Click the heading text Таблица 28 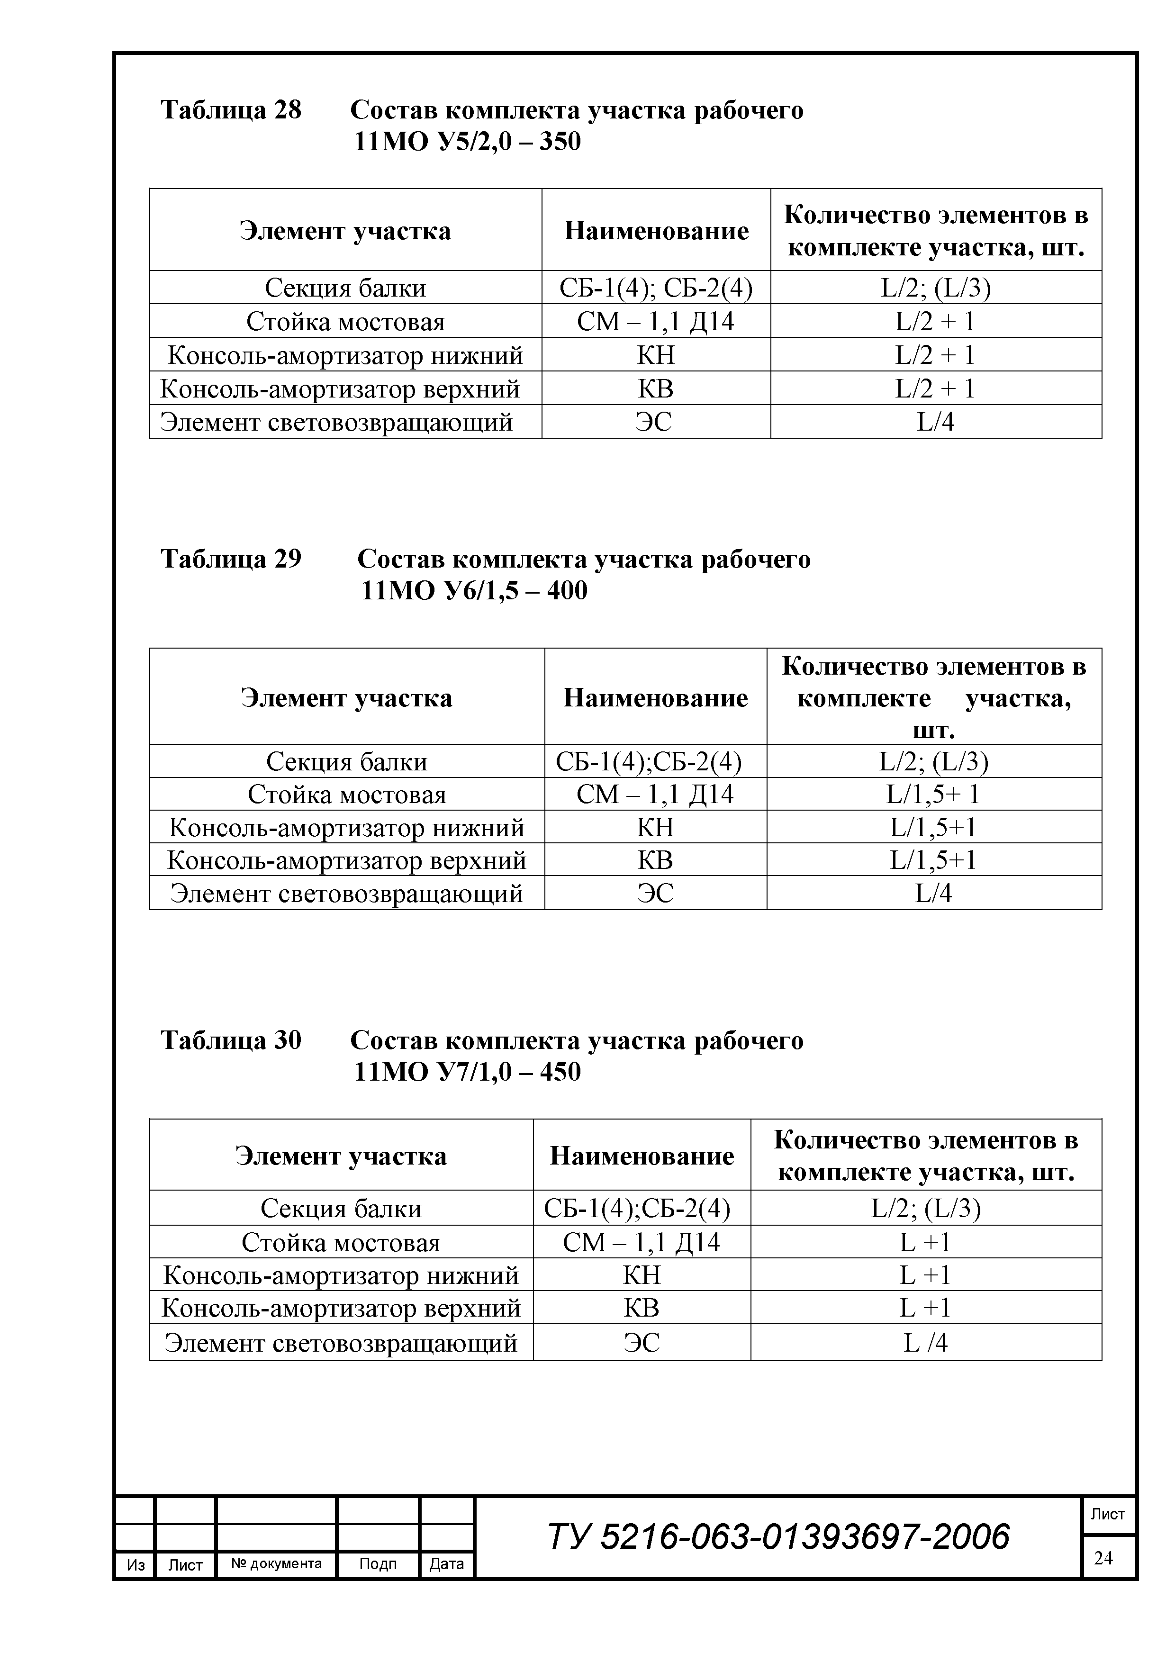pos(230,110)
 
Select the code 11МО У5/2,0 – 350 pos(467,142)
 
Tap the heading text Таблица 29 pos(230,559)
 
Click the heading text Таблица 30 pos(230,1040)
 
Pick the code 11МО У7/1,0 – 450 pos(467,1071)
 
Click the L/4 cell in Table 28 pos(935,421)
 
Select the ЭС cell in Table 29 pos(655,893)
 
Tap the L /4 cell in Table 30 pos(925,1343)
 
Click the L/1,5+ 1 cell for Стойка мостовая pos(933,794)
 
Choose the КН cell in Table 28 pos(655,355)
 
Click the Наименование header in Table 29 pos(655,697)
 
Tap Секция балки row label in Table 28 pos(345,288)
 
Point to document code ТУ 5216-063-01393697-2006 pos(778,1536)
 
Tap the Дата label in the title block pos(446,1563)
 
